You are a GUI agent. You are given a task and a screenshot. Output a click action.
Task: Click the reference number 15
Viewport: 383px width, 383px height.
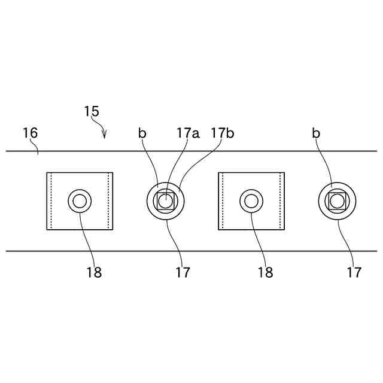[x=92, y=111]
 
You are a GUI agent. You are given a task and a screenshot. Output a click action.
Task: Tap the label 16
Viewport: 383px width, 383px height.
[x=30, y=132]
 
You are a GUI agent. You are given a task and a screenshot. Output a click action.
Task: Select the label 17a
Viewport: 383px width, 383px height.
[x=188, y=133]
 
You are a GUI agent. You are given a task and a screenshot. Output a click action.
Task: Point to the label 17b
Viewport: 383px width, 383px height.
[x=222, y=133]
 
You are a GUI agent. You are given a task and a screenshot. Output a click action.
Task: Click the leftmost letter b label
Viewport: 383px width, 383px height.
[x=142, y=133]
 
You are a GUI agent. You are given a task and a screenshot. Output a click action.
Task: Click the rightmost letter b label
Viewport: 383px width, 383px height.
[x=315, y=133]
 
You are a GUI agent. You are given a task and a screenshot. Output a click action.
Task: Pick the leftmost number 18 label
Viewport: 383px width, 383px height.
[x=93, y=272]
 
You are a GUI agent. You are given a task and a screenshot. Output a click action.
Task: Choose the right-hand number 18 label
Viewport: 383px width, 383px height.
[x=265, y=272]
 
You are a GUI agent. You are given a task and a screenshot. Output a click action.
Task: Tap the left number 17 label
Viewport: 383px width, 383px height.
[x=183, y=272]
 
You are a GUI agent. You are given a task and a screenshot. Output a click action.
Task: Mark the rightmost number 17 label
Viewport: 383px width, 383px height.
[x=354, y=272]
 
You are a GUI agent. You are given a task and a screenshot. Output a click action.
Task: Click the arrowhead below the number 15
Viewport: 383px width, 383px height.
[x=105, y=136]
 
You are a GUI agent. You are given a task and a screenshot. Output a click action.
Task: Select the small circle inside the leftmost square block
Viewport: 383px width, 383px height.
[x=80, y=200]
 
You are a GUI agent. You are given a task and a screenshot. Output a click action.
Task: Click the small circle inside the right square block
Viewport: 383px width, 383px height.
[x=251, y=200]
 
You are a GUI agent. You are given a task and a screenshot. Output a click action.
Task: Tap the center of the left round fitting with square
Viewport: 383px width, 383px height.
[x=165, y=200]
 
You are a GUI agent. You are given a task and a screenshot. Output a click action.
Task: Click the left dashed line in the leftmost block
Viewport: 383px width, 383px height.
[x=52, y=201]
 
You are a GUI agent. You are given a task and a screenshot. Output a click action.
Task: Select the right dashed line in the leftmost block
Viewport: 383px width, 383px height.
[x=108, y=201]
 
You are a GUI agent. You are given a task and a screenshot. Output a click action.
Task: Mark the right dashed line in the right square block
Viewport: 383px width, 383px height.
[x=279, y=201]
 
